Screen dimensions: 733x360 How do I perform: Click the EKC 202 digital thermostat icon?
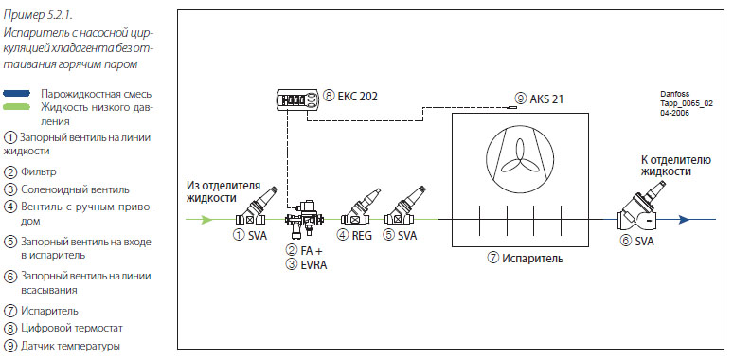(x=295, y=100)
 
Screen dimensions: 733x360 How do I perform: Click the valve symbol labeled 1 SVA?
(x=256, y=208)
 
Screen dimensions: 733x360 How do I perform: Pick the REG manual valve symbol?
(x=360, y=208)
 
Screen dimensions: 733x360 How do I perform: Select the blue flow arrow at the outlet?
(x=685, y=219)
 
